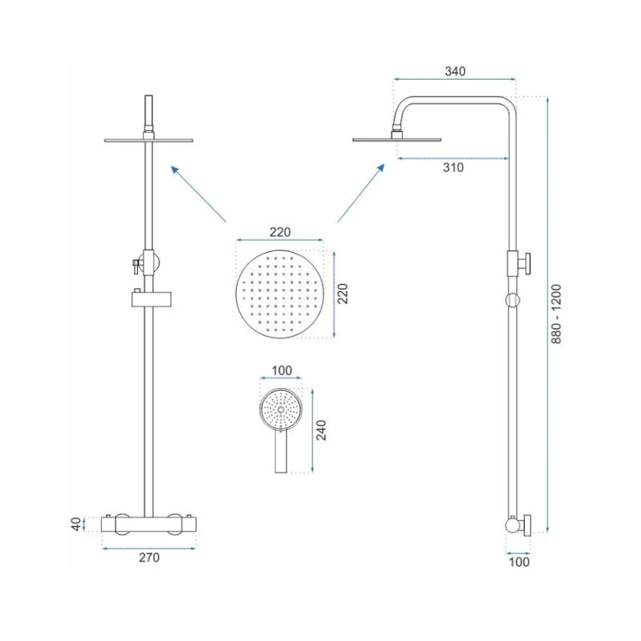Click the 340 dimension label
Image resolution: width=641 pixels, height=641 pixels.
pos(455,72)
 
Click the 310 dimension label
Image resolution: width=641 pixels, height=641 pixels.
pos(453,168)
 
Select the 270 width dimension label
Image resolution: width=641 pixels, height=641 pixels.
pos(149,558)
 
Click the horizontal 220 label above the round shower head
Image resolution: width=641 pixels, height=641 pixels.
pos(279,232)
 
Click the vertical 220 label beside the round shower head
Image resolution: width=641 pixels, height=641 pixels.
pos(343,294)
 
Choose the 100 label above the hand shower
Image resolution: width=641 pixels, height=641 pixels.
pos(282,370)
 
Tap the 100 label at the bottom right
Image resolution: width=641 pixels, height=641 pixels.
pos(520,562)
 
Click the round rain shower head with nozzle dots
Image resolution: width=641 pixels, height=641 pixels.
pos(279,294)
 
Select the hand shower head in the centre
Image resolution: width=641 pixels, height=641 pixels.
pos(279,408)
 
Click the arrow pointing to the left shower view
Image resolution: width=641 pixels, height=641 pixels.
pos(198,193)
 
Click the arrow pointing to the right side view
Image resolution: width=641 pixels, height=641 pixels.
pos(361,193)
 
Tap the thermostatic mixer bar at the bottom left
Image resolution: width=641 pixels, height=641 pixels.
pos(149,523)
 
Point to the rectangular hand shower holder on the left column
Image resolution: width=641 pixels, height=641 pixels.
pos(149,298)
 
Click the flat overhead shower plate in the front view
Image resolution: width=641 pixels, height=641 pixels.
pos(149,139)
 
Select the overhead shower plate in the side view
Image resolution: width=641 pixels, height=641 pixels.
pos(397,138)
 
